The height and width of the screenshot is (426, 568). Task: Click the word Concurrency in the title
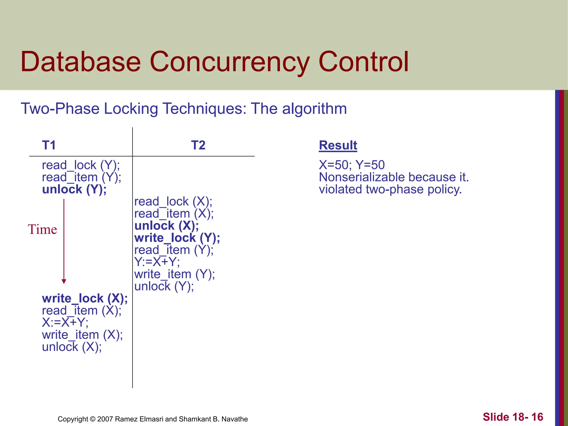pos(230,62)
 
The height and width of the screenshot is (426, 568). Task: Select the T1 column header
pos(49,145)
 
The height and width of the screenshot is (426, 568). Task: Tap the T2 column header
pos(198,145)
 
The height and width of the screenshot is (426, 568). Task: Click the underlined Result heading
pos(338,145)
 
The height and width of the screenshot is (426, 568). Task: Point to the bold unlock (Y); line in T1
pos(74,189)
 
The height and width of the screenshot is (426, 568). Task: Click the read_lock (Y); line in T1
pos(81,165)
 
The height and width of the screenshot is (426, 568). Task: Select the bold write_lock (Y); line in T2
pos(177,238)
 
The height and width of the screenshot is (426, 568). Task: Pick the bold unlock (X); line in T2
pos(166,226)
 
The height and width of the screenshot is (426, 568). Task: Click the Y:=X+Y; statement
pos(157,262)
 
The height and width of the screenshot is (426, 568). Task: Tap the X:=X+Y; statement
pos(65,323)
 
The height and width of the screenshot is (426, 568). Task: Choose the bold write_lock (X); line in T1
pos(85,298)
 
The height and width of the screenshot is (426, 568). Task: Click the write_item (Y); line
pos(174,274)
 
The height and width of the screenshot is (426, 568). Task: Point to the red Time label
pos(42,230)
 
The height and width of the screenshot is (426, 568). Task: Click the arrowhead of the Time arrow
pos(64,281)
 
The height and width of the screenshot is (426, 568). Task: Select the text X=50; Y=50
pos(352,165)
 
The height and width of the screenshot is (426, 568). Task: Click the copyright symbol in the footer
pos(93,419)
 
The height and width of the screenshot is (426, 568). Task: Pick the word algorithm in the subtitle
pos(314,108)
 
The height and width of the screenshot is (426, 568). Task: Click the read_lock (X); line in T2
pos(173,202)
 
